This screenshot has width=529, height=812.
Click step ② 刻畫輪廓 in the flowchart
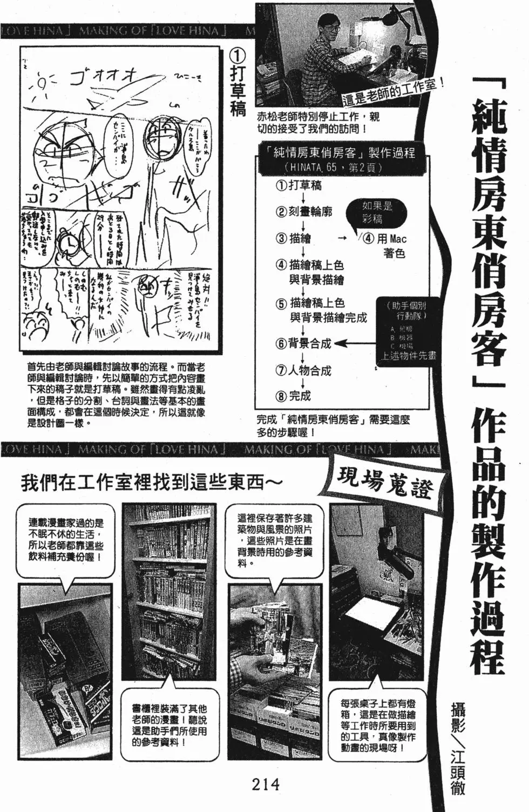tap(303, 212)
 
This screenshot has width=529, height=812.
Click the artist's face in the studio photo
tap(325, 25)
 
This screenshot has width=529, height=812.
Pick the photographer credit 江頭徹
tap(457, 770)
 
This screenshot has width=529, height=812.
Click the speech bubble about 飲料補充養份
tap(65, 540)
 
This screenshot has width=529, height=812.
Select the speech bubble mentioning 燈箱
tap(377, 724)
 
